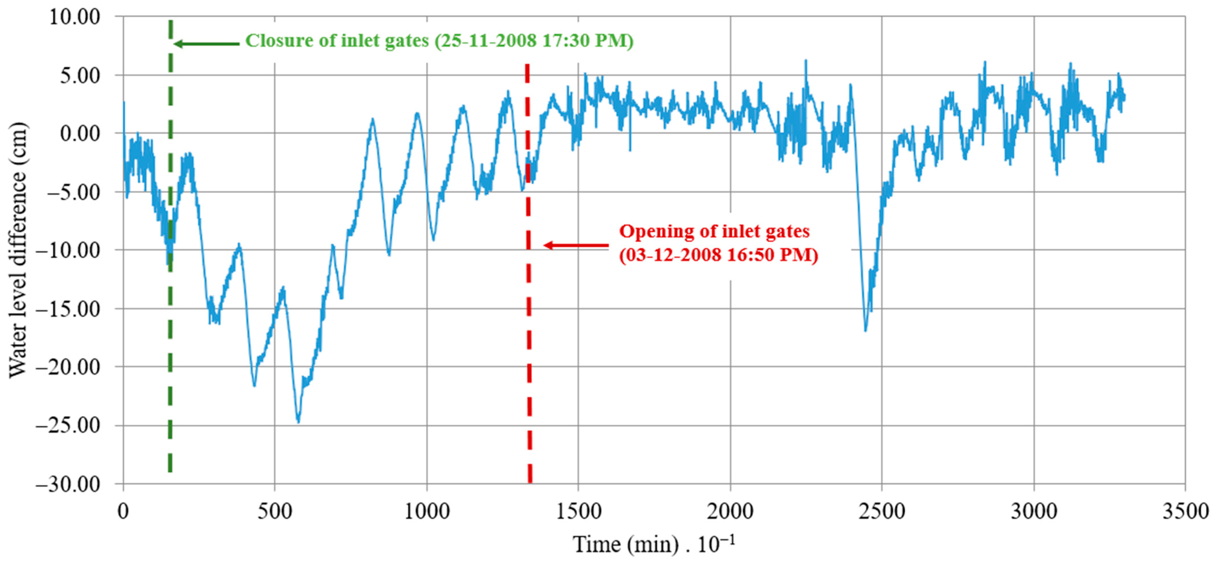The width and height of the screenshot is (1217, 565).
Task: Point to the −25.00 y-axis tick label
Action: [68, 425]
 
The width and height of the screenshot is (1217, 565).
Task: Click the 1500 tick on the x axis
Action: [579, 511]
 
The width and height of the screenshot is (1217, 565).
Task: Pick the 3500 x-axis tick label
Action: [1185, 511]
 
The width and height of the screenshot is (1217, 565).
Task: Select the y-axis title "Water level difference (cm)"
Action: [18, 250]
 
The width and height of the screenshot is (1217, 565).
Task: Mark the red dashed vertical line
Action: [529, 354]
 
